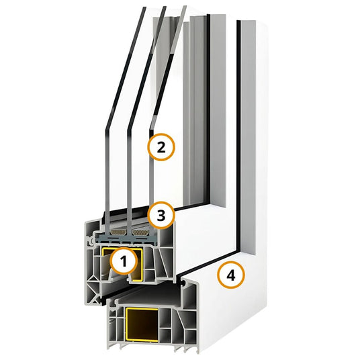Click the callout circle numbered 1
point(124,261)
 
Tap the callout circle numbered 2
point(161,147)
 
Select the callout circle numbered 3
point(161,215)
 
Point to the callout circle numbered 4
point(231,275)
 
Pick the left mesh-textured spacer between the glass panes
point(118,232)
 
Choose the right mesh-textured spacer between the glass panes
point(140,232)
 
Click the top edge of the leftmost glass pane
point(144,8)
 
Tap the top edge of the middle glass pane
point(164,7)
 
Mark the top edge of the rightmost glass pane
point(185,7)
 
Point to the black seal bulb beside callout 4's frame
point(183,283)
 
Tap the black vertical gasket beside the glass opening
point(208,109)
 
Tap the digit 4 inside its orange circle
point(231,275)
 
